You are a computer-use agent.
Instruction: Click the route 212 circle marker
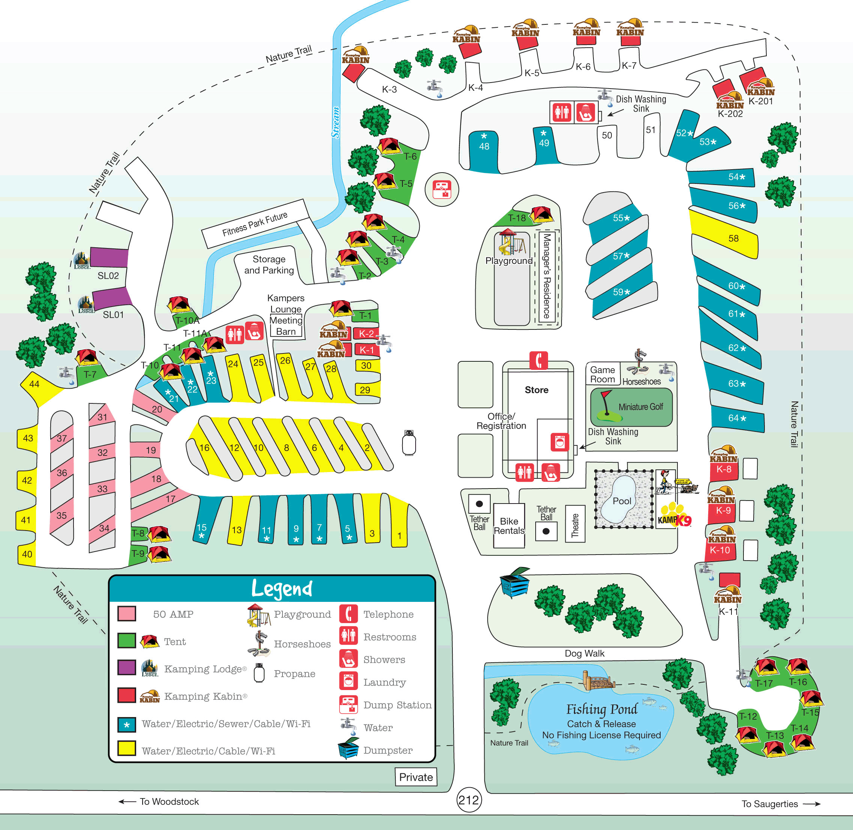[x=469, y=800]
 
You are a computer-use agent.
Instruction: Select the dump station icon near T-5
[x=442, y=189]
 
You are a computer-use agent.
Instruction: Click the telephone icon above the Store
[x=538, y=361]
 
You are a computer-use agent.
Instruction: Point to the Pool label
[x=622, y=501]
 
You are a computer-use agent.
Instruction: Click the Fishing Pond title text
[x=602, y=709]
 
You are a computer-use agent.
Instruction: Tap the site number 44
[x=34, y=384]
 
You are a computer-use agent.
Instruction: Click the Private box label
[x=416, y=777]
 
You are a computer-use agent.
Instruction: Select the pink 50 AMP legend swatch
[x=126, y=614]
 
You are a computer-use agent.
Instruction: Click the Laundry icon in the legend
[x=348, y=682]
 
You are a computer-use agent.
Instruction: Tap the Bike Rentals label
[x=509, y=526]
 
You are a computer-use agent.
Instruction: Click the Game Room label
[x=602, y=374]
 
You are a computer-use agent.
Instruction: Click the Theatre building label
[x=575, y=525]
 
